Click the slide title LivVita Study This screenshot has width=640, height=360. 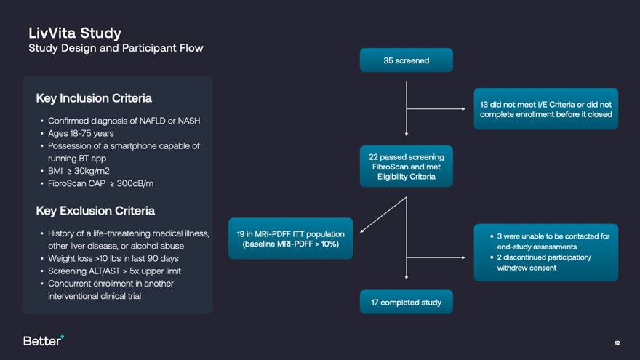click(x=74, y=33)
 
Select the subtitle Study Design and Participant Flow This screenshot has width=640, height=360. click(x=116, y=48)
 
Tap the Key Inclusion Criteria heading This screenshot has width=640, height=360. click(x=94, y=97)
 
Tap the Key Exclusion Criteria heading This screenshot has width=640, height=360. click(x=95, y=211)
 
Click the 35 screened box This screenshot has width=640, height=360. click(x=406, y=60)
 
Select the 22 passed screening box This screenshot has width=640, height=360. click(x=406, y=167)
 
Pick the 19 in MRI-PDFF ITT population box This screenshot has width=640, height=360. click(x=290, y=238)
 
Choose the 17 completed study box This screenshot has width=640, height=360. click(x=406, y=302)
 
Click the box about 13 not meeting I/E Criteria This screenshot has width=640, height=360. click(x=545, y=109)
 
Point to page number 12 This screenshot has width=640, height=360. click(x=617, y=343)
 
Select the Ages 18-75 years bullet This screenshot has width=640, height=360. click(x=81, y=134)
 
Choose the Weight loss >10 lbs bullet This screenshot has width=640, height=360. click(x=113, y=258)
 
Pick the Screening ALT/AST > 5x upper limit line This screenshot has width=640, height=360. click(x=114, y=271)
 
